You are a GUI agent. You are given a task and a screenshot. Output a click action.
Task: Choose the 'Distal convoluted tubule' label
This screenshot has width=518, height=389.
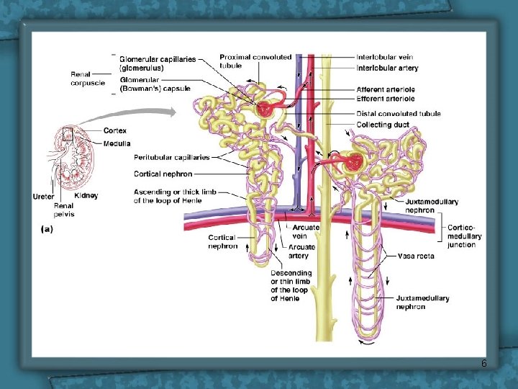tap(399, 114)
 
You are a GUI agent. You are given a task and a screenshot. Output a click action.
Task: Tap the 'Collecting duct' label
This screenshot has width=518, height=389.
tap(383, 125)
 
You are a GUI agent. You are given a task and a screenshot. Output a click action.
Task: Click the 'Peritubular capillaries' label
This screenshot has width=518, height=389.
tap(171, 157)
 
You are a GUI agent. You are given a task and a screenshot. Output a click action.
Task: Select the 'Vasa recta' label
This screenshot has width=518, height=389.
tap(416, 256)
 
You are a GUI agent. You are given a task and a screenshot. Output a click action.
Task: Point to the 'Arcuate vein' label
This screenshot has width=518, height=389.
tap(306, 231)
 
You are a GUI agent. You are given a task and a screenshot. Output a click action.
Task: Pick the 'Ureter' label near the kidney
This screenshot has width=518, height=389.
tap(43, 197)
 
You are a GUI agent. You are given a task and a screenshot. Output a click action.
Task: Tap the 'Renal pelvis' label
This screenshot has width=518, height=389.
tap(64, 209)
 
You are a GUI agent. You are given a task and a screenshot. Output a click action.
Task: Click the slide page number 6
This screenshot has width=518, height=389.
tap(484, 363)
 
